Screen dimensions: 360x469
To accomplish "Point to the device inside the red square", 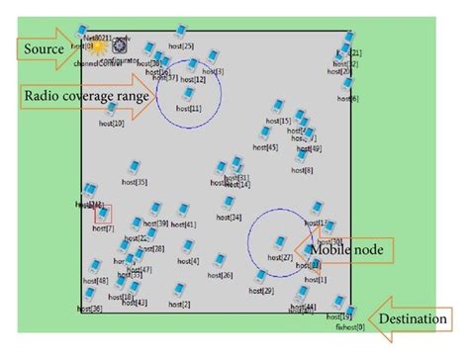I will pos(102,214).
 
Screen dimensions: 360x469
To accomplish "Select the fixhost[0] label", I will pos(350,326).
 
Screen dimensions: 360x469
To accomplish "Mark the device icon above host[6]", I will pos(347,85).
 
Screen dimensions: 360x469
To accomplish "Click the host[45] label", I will pos(265,147).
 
